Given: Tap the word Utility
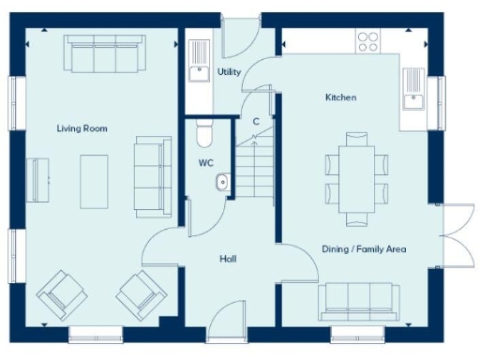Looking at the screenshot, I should click(x=228, y=71).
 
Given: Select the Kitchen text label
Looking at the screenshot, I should click(x=340, y=97).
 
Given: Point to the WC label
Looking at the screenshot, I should click(x=206, y=162).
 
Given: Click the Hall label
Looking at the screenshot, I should click(x=228, y=258).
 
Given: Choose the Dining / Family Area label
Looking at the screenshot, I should click(x=364, y=248).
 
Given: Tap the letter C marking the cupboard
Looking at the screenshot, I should click(x=256, y=121).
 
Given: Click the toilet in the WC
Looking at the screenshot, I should click(x=204, y=136).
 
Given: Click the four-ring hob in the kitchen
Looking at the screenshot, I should click(x=367, y=42).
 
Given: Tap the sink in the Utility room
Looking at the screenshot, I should click(x=198, y=73).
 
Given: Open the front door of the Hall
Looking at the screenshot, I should click(x=228, y=328).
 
